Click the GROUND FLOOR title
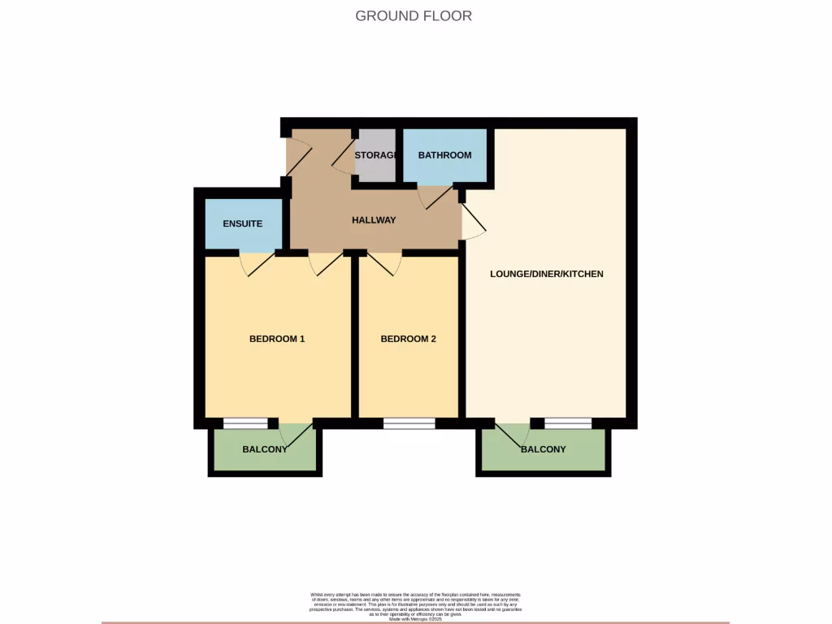pos(414,15)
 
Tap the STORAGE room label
pos(375,155)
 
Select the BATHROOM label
pos(444,155)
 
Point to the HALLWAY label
pos(374,220)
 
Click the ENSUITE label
pos(243,223)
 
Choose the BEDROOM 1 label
pos(276,339)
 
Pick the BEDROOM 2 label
pos(408,339)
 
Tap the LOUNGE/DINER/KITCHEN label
pos(546,274)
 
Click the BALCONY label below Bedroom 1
pos(264,449)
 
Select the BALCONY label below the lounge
pos(543,449)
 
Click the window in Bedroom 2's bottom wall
pos(409,423)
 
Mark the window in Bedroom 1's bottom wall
pos(245,423)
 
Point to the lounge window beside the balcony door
pos(568,423)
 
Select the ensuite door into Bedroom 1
pos(256,265)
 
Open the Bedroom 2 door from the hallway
pos(385,264)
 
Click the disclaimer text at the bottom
pos(415,606)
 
